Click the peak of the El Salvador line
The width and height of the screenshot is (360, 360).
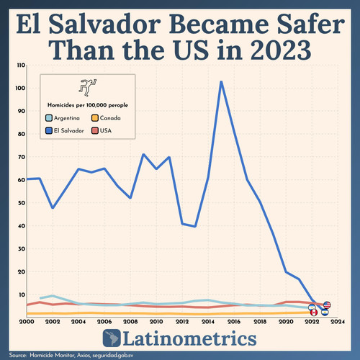point(221,81)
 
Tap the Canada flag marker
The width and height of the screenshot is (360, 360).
point(313,312)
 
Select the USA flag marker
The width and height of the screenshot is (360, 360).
point(327,305)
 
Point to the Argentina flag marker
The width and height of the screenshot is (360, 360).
point(312,307)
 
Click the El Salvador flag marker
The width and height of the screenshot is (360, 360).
point(325,311)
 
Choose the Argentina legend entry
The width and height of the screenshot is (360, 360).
point(65,117)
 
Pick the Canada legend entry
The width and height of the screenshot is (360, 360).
point(108,117)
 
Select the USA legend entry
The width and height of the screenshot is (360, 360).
point(104,130)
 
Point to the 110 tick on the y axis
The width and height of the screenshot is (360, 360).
point(20,66)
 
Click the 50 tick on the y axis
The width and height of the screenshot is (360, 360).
point(22,202)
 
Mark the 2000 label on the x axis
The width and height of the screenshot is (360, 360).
point(27,322)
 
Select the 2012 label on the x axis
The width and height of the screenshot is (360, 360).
point(182,322)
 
